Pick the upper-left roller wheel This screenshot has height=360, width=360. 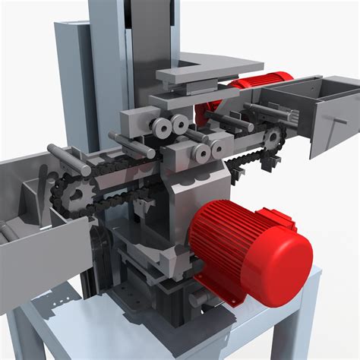click(160, 128)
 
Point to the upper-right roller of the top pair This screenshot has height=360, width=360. click(181, 125)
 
